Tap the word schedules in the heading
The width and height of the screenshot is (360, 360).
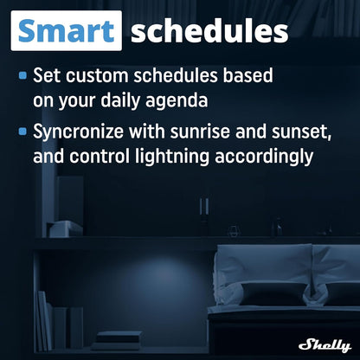pyautogui.click(x=209, y=31)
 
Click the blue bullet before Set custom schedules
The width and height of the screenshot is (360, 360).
pyautogui.click(x=23, y=75)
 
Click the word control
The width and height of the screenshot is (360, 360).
pyautogui.click(x=109, y=158)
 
